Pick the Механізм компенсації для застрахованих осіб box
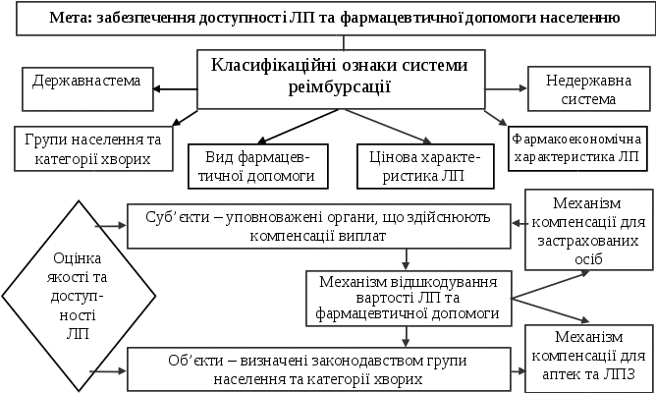pos(584,229)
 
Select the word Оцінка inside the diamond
pos(77,259)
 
